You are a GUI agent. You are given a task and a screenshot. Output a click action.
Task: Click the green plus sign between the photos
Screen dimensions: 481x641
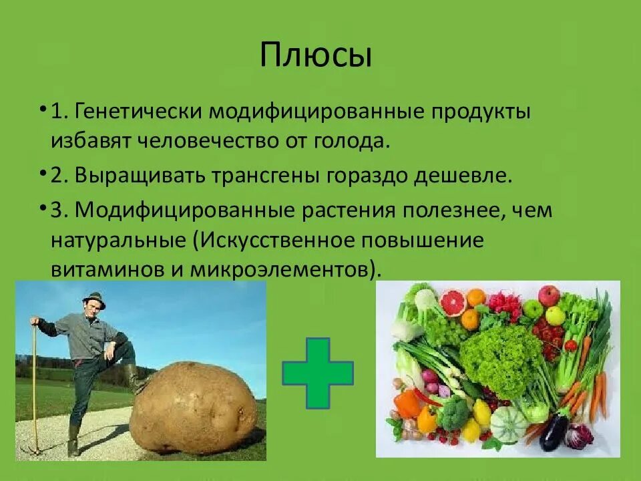[x=318, y=373]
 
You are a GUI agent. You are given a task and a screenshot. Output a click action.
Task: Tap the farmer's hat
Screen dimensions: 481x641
[x=95, y=298]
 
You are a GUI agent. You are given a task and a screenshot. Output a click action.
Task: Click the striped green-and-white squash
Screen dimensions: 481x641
[x=508, y=424]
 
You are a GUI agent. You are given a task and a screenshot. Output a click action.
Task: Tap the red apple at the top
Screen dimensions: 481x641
[x=549, y=295]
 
